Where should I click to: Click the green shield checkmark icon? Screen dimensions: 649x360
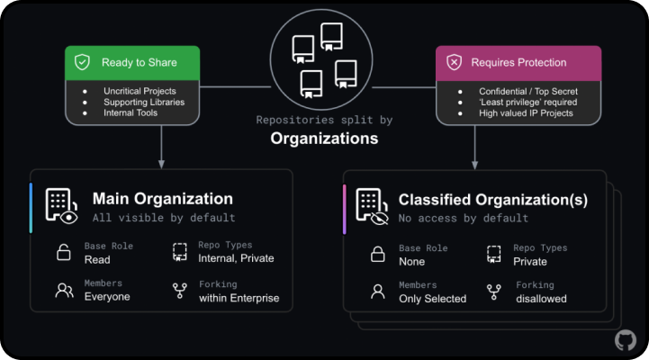pyautogui.click(x=82, y=62)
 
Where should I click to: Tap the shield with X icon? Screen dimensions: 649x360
pyautogui.click(x=454, y=62)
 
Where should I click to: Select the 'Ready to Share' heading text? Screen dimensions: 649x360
pyautogui.click(x=139, y=62)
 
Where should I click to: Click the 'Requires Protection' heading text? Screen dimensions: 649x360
pyautogui.click(x=518, y=62)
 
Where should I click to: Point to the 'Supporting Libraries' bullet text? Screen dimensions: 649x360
pyautogui.click(x=144, y=103)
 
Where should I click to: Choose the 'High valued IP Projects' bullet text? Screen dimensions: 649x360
pyautogui.click(x=526, y=113)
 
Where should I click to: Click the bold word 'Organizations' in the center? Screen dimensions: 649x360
pyautogui.click(x=324, y=139)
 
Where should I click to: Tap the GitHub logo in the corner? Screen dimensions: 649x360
pyautogui.click(x=626, y=340)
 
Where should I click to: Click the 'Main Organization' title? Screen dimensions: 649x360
pyautogui.click(x=163, y=199)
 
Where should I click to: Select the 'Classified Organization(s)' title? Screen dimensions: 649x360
pyautogui.click(x=493, y=200)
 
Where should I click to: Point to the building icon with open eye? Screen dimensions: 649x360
pyautogui.click(x=61, y=206)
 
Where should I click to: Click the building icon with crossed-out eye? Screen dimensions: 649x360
pyautogui.click(x=372, y=206)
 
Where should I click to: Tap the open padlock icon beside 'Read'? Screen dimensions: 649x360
pyautogui.click(x=63, y=252)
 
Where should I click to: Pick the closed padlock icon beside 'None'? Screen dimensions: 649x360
pyautogui.click(x=377, y=254)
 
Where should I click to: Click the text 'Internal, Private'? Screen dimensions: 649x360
pyautogui.click(x=236, y=258)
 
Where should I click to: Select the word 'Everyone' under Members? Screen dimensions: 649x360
pyautogui.click(x=107, y=297)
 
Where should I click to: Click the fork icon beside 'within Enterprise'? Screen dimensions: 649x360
pyautogui.click(x=180, y=291)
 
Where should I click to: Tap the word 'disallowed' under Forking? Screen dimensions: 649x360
pyautogui.click(x=541, y=299)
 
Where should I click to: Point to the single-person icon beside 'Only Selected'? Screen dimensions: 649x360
pyautogui.click(x=377, y=292)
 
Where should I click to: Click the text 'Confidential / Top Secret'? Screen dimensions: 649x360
pyautogui.click(x=528, y=92)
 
